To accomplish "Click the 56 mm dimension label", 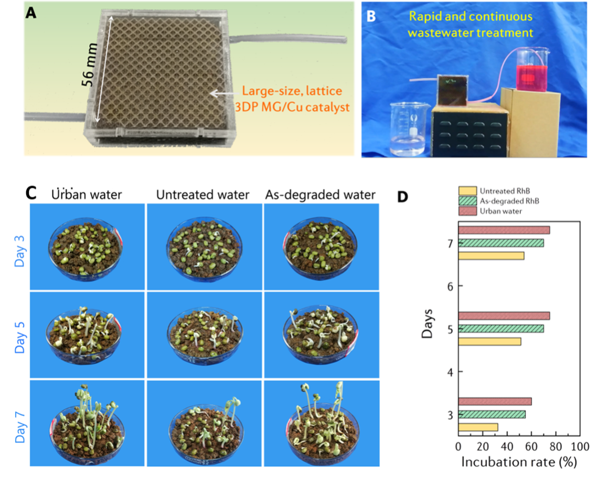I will tap(89, 70).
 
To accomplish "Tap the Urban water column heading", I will tap(87, 195).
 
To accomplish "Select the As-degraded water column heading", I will tap(321, 195).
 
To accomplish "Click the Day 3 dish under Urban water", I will tap(87, 249).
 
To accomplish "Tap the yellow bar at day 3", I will tap(478, 427).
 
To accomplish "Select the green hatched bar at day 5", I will tap(501, 329).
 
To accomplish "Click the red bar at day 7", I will tap(504, 230).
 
